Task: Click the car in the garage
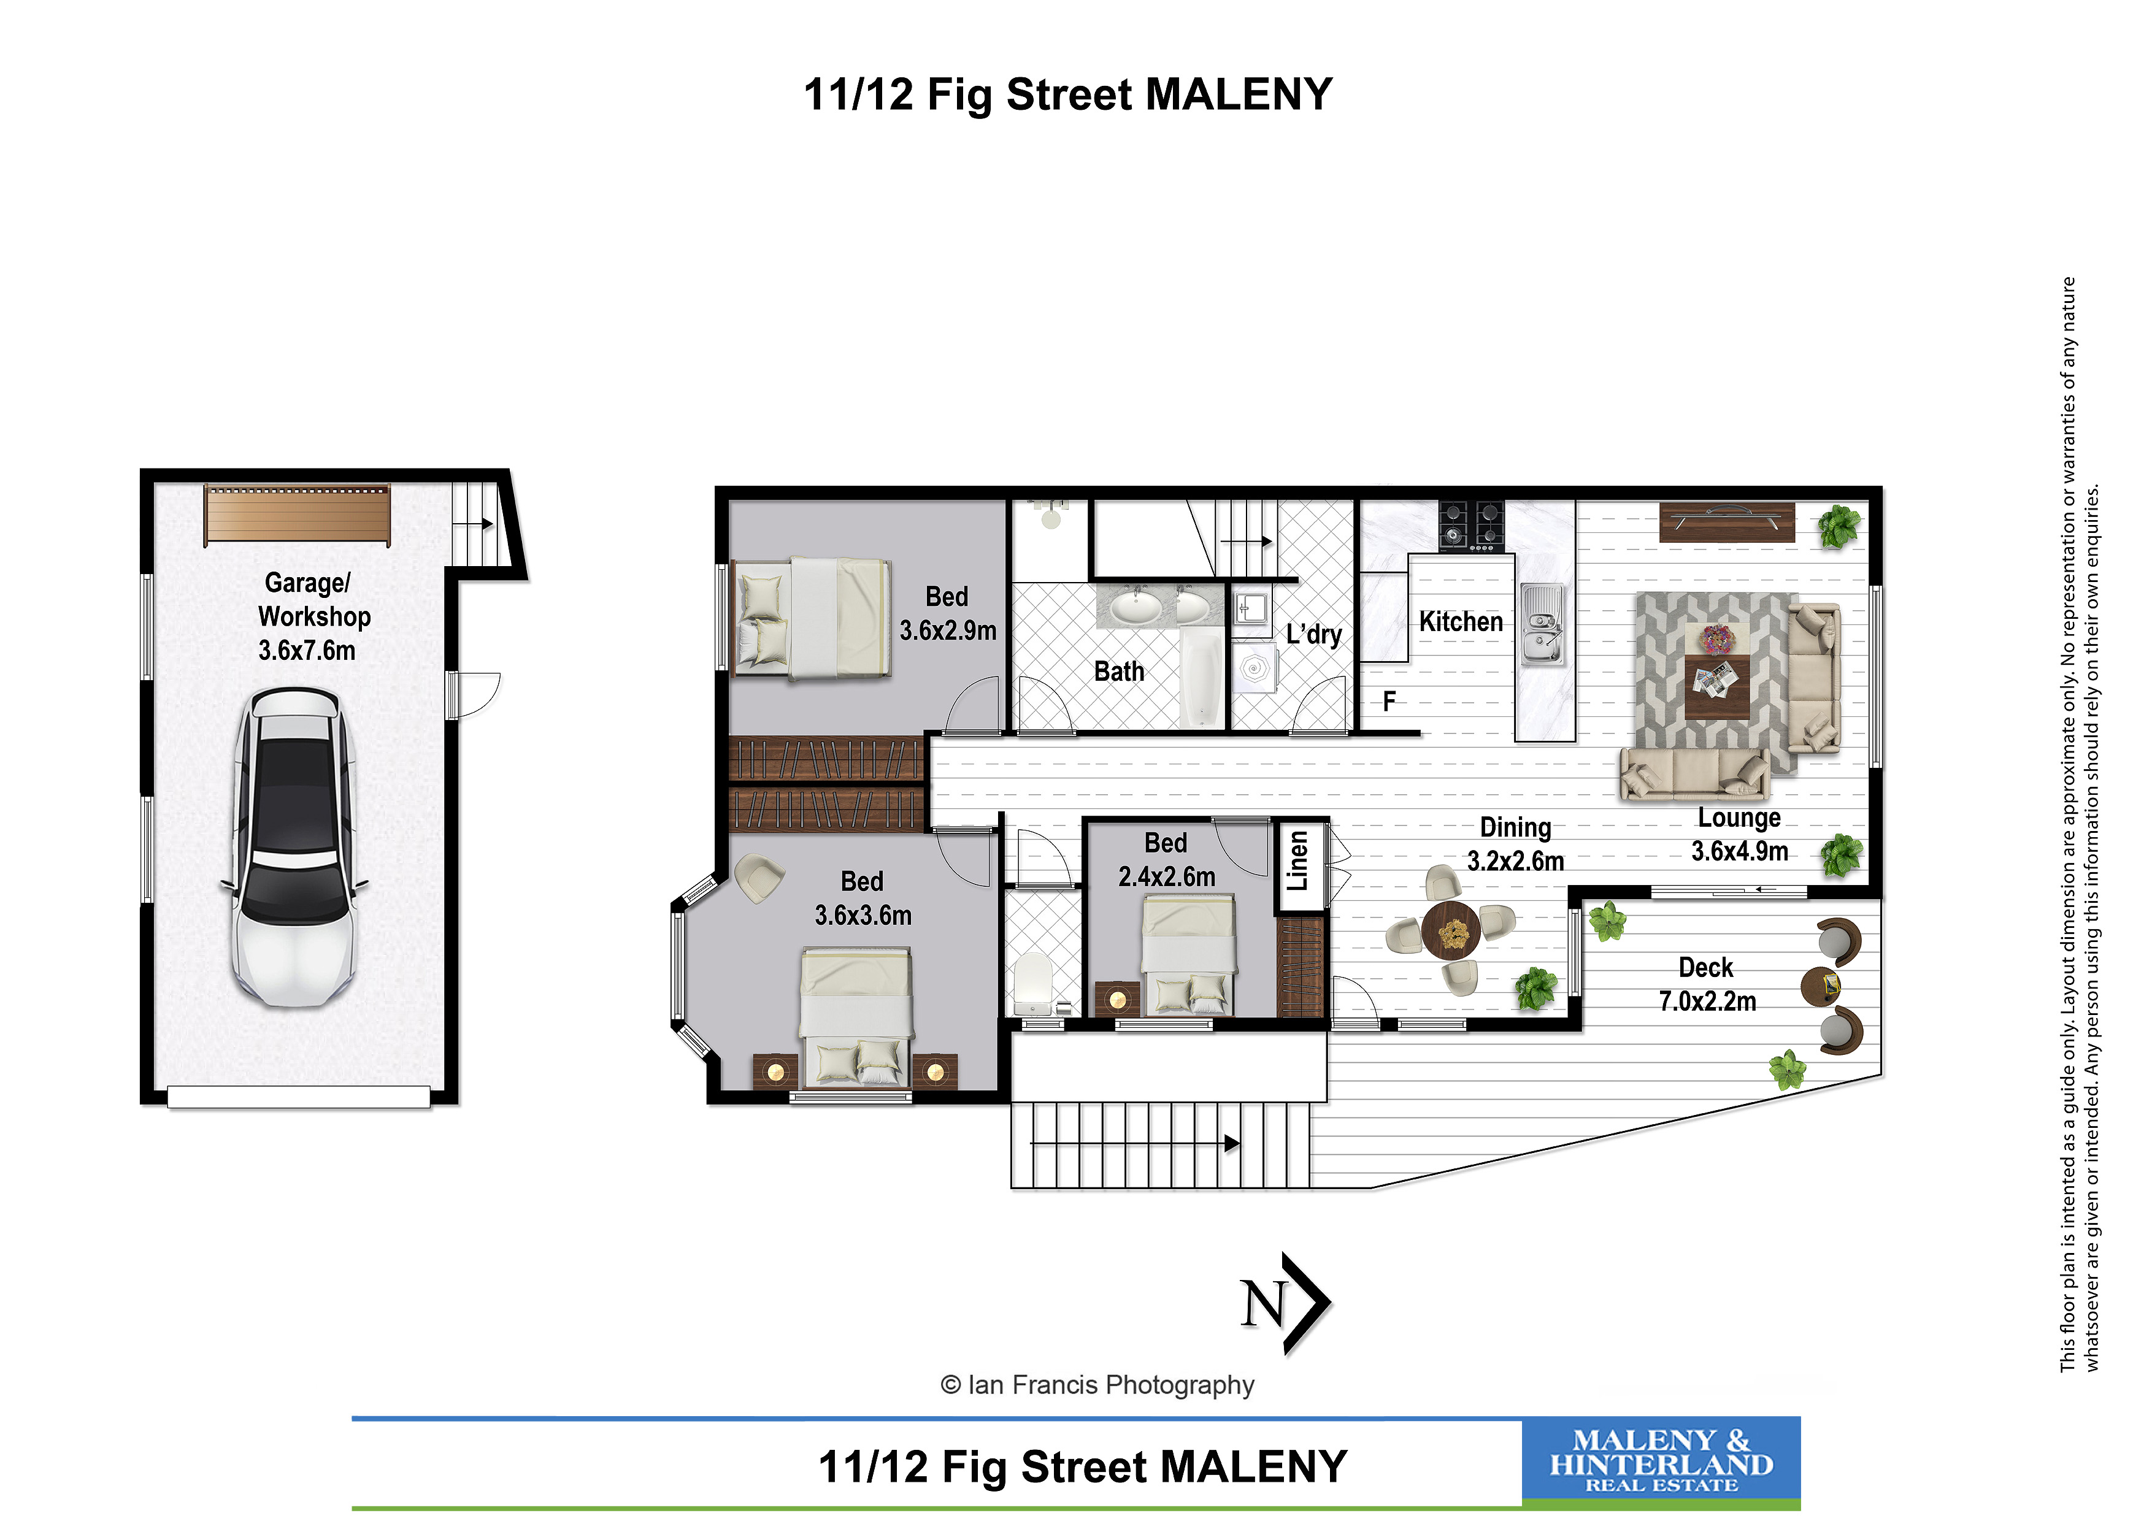tap(294, 847)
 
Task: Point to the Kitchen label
tap(1460, 621)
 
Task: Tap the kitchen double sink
tap(1542, 623)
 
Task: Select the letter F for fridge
tap(1389, 701)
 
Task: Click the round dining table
tap(1451, 930)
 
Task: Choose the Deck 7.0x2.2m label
tap(1707, 984)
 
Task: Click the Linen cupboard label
tap(1298, 860)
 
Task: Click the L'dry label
tap(1313, 634)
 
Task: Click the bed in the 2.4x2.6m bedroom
tap(1188, 955)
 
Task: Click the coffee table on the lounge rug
tap(1716, 686)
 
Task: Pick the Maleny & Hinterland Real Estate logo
tap(1661, 1463)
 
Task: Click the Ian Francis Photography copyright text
tap(1097, 1385)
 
